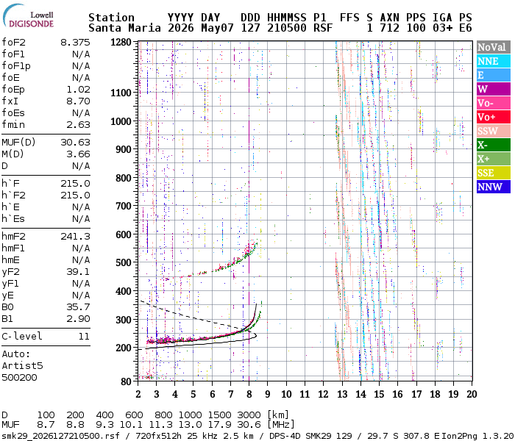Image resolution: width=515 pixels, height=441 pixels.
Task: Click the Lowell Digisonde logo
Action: click(x=28, y=16)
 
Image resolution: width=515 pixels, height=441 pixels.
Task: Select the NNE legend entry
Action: click(x=494, y=61)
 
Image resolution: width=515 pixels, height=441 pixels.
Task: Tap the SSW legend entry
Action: click(x=494, y=131)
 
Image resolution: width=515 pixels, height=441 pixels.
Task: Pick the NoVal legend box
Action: click(x=494, y=47)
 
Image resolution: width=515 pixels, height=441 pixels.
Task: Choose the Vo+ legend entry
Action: click(x=494, y=117)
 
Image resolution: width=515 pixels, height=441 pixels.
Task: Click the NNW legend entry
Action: click(x=494, y=187)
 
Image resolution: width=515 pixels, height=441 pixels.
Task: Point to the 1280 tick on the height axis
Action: click(x=121, y=43)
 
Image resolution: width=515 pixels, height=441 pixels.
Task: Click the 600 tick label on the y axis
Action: click(x=124, y=234)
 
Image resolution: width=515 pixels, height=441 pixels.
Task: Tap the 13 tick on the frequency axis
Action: click(x=342, y=394)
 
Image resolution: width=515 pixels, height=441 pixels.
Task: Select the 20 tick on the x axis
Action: click(x=472, y=394)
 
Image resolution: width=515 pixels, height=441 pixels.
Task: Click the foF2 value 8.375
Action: click(x=75, y=43)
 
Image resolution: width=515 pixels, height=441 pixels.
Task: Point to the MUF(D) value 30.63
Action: click(x=75, y=142)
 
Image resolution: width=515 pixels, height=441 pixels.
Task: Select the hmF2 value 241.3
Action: click(x=75, y=236)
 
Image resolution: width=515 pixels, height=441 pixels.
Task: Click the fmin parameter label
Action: click(x=13, y=125)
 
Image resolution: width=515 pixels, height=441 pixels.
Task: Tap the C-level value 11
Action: click(x=84, y=336)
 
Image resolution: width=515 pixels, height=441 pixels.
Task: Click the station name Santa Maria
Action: click(x=124, y=28)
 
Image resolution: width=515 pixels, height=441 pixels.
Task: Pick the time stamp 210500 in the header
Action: click(x=287, y=28)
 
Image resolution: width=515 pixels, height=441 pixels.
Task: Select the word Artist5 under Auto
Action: click(x=22, y=365)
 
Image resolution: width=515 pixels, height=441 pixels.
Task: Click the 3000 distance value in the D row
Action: click(x=249, y=415)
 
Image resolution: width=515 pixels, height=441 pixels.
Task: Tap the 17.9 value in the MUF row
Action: click(x=220, y=425)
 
